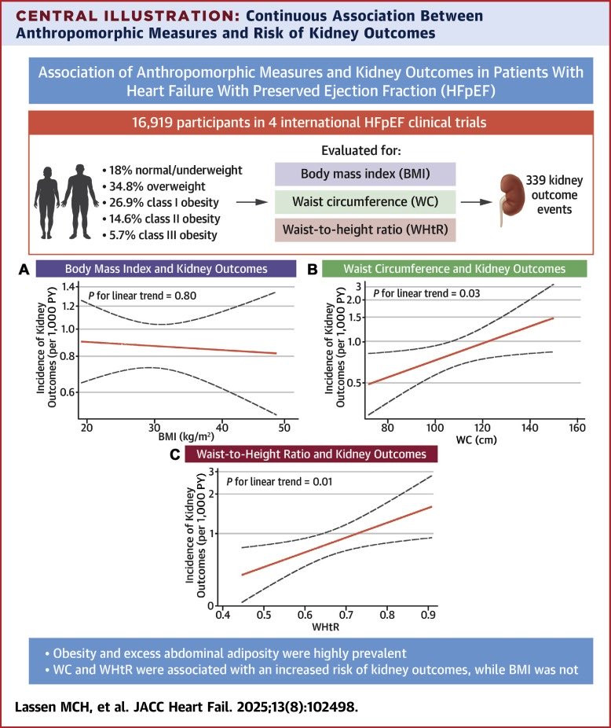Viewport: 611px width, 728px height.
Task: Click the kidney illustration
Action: coord(509,200)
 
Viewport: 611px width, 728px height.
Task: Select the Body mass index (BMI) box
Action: coord(365,174)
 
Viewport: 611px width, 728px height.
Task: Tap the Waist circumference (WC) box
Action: coord(365,202)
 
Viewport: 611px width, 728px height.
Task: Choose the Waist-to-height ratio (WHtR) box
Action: coord(365,230)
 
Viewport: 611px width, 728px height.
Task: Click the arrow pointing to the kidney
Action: coord(476,202)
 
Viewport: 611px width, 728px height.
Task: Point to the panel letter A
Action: coord(24,270)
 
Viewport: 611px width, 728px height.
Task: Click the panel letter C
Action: coord(174,454)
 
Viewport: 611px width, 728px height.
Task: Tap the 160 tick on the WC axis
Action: coord(577,428)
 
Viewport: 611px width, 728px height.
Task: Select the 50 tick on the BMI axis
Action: coord(284,428)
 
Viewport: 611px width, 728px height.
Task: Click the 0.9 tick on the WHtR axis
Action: coord(428,615)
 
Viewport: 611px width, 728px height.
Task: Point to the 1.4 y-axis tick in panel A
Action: coord(68,286)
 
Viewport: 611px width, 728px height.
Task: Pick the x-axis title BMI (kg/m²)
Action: coord(186,437)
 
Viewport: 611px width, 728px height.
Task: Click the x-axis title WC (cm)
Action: coord(477,439)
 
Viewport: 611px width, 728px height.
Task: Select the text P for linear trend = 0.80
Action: coord(142,296)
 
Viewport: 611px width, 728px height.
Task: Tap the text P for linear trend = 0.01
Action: coord(280,482)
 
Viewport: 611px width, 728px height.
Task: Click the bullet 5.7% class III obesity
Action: coord(160,235)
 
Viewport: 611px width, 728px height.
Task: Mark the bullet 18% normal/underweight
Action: coord(173,171)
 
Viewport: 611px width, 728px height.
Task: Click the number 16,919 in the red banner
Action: coord(152,123)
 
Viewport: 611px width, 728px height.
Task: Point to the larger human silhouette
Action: coord(81,201)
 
